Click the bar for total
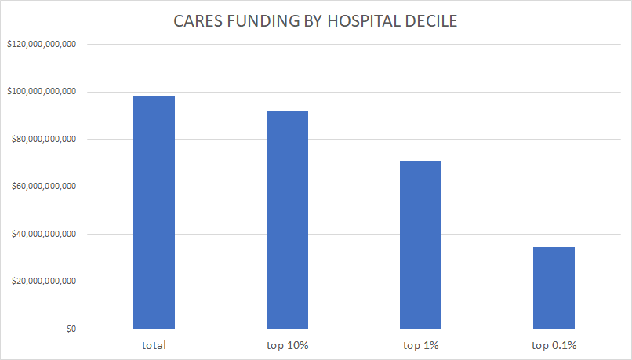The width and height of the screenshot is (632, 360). pyautogui.click(x=154, y=212)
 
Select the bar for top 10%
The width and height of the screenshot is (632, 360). pyautogui.click(x=287, y=220)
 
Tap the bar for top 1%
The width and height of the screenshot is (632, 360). pyautogui.click(x=420, y=245)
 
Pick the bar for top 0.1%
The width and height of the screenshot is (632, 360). pyautogui.click(x=554, y=288)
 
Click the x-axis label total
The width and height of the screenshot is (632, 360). pyautogui.click(x=154, y=344)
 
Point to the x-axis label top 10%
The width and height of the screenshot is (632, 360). pyautogui.click(x=287, y=344)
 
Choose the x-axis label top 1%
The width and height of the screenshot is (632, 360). pyautogui.click(x=420, y=344)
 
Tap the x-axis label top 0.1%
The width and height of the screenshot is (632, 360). pyautogui.click(x=554, y=344)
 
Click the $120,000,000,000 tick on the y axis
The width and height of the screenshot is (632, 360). pyautogui.click(x=41, y=45)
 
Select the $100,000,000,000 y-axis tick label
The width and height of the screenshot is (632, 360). pyautogui.click(x=41, y=92)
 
